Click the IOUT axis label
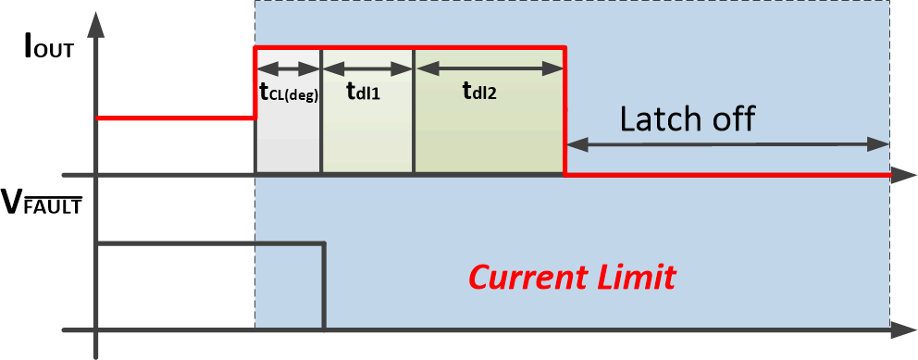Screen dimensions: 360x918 point(48,49)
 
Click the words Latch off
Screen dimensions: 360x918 point(688,118)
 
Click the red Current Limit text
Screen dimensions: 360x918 point(572,276)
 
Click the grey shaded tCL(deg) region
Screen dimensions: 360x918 point(289,139)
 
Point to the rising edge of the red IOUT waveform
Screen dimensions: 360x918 point(255,83)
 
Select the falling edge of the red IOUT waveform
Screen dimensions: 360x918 point(564,111)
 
